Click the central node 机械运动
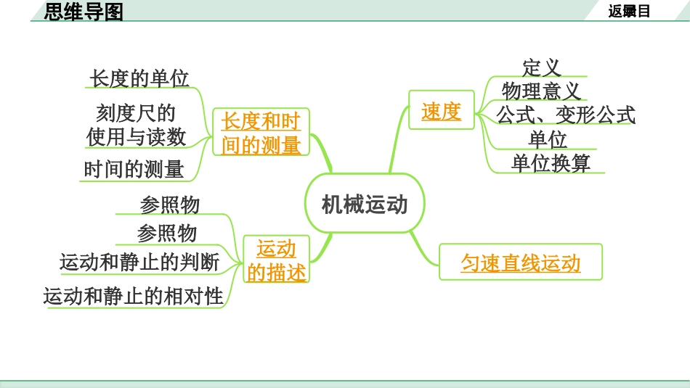(x=364, y=204)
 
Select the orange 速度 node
(x=441, y=111)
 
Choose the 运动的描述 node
(x=276, y=260)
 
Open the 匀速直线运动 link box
(x=520, y=262)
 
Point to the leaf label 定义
(x=542, y=67)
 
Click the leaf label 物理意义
(x=541, y=91)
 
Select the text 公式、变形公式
(x=566, y=115)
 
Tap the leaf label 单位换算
(x=551, y=162)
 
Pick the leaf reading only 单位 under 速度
(x=548, y=139)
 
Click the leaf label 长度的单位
(x=139, y=78)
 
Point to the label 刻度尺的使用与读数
(x=136, y=125)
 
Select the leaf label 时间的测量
(x=134, y=170)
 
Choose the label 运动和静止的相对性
(x=134, y=296)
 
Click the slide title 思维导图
(x=84, y=12)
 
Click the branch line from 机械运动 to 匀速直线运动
(x=425, y=249)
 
